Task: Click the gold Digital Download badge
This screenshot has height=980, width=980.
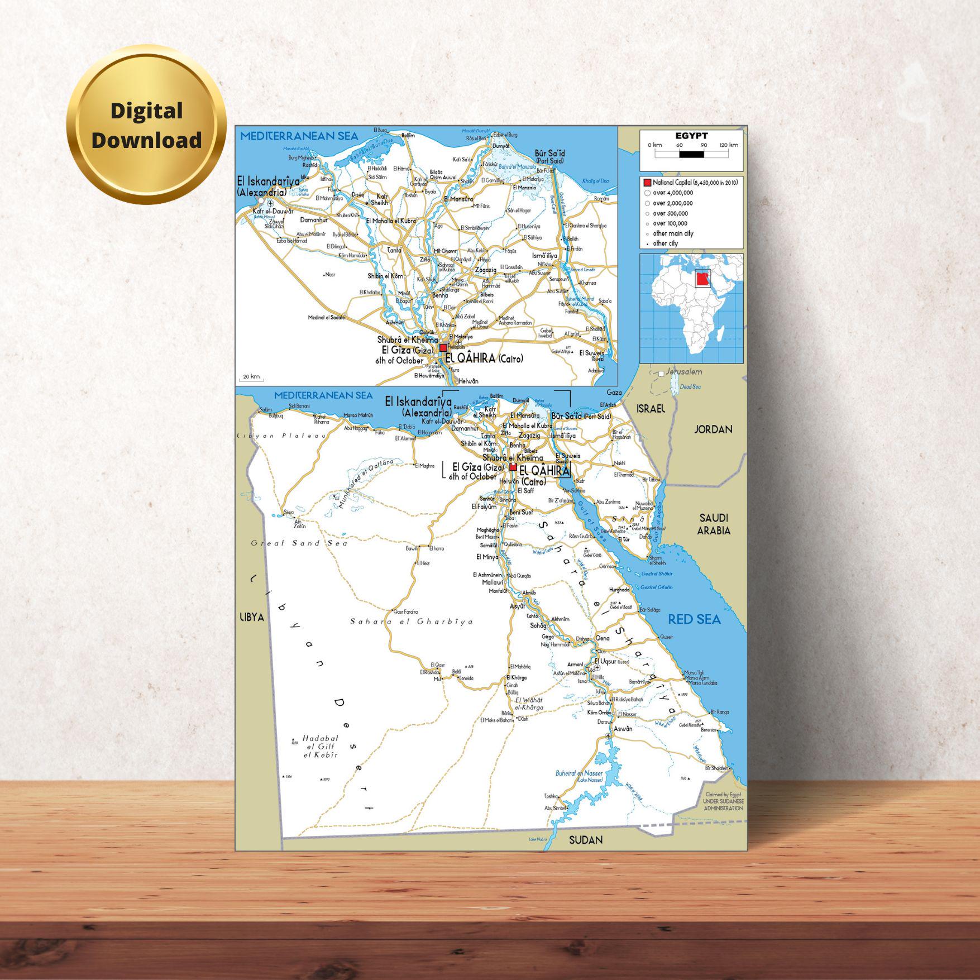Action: [x=146, y=125]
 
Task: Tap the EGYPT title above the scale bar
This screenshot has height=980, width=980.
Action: [x=691, y=136]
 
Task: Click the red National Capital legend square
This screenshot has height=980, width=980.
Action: [x=647, y=183]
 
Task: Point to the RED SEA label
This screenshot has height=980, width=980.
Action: [x=695, y=619]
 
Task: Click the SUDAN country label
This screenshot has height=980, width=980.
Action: [x=586, y=839]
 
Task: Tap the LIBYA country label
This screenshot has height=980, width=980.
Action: [x=251, y=617]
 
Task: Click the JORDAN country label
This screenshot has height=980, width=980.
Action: [x=713, y=429]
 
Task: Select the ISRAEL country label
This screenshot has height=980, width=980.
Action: [x=651, y=409]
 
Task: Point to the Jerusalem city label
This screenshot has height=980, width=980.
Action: [x=683, y=372]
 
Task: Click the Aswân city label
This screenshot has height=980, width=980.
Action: [x=623, y=729]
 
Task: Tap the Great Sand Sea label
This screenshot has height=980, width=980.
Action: [x=299, y=543]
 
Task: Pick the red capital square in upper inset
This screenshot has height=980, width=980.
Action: [x=443, y=347]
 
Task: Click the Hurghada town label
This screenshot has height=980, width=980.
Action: [x=619, y=590]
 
